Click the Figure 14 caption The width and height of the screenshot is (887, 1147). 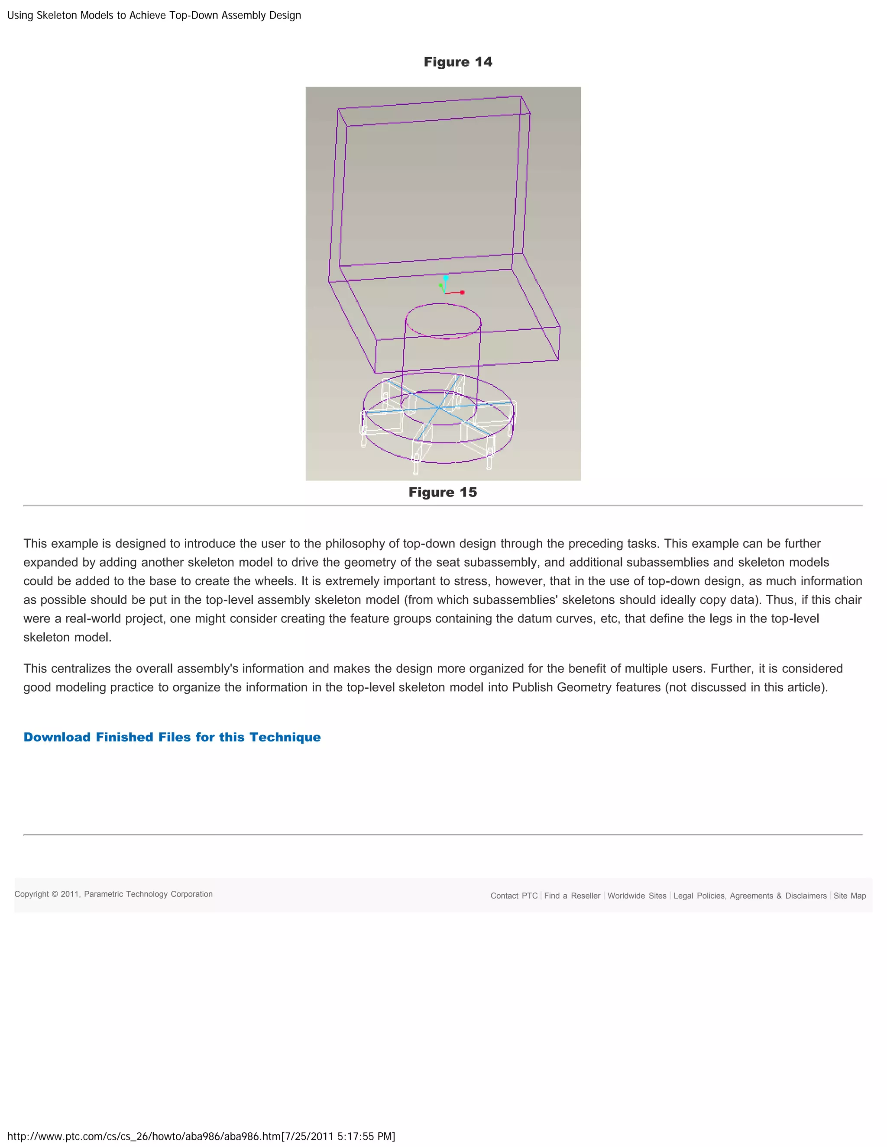point(458,62)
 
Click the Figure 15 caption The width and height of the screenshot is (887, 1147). point(443,492)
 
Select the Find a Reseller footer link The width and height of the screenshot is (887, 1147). point(572,896)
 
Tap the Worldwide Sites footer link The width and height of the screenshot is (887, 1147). point(636,896)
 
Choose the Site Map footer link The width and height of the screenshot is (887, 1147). point(849,896)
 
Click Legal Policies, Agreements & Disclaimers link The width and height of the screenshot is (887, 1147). point(750,896)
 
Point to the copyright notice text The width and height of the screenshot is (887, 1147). point(113,894)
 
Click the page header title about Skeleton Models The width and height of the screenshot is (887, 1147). point(154,15)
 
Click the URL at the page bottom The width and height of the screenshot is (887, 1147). point(201,1136)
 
